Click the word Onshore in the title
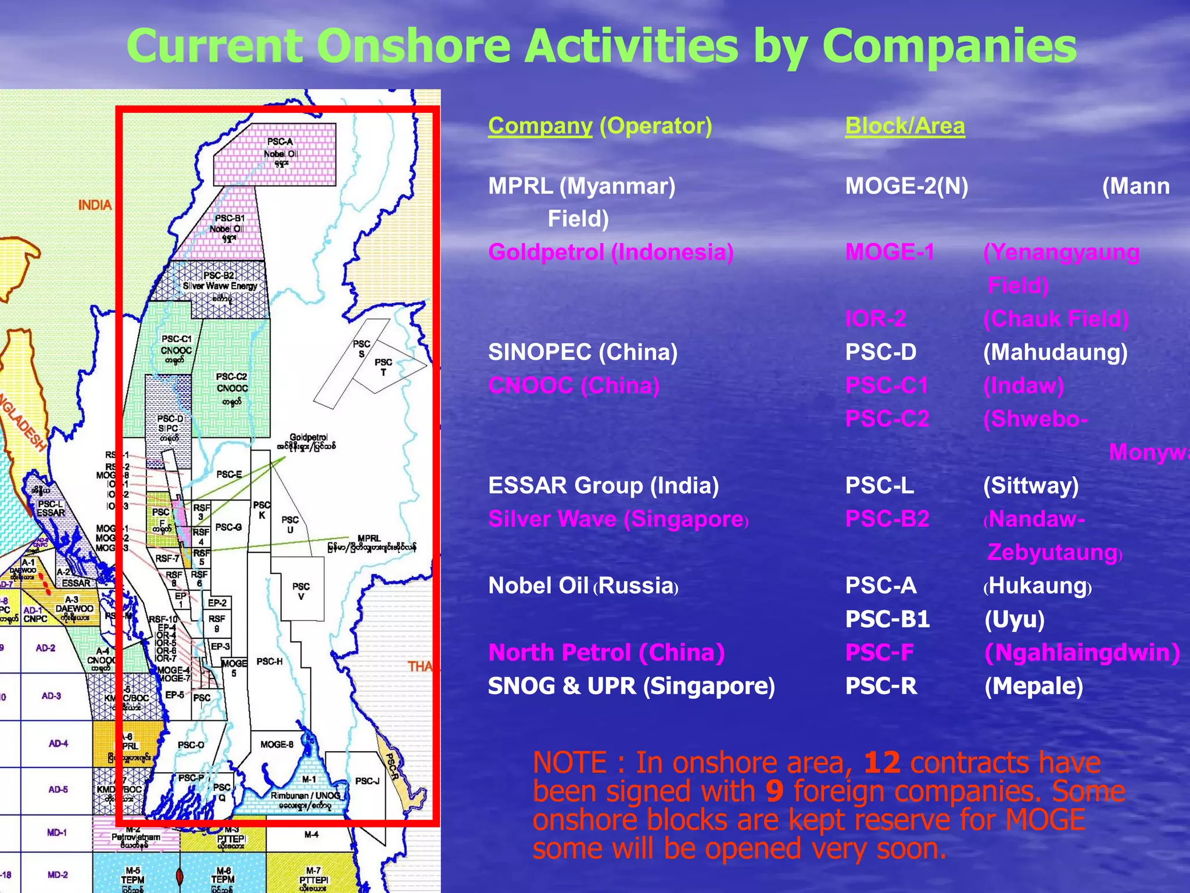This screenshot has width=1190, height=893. tap(413, 47)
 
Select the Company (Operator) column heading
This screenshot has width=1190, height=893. tap(600, 126)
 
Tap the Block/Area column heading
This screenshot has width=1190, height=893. tap(905, 126)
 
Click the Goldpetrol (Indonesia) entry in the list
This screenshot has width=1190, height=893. tap(611, 252)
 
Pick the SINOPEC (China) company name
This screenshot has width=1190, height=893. tap(583, 352)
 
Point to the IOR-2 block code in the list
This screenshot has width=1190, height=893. tap(875, 319)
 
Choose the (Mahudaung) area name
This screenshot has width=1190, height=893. tap(1055, 352)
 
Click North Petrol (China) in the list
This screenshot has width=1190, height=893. tap(606, 653)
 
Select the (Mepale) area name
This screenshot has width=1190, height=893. tap(1034, 686)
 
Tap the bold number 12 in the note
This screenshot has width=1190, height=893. tap(882, 763)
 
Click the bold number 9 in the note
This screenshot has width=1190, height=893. tap(775, 791)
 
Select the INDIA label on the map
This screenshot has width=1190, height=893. tap(95, 205)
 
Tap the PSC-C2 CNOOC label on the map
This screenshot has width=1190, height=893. tap(232, 387)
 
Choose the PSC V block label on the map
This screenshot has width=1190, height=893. tap(301, 591)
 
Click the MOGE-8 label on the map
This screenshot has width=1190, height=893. tap(277, 744)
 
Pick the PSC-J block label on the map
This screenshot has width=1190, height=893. tap(367, 781)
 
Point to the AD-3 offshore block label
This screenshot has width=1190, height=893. tap(51, 696)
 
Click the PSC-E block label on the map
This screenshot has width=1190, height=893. tap(229, 474)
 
